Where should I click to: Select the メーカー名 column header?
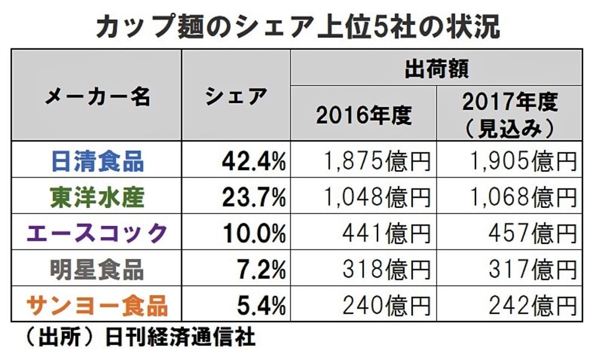[97, 97]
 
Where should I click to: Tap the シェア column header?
[236, 97]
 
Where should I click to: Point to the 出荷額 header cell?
[436, 68]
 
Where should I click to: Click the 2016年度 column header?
[364, 115]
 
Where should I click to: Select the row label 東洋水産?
[97, 197]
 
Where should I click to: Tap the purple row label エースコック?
[97, 233]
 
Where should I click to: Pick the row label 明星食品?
[97, 269]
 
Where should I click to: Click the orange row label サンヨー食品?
[97, 305]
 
